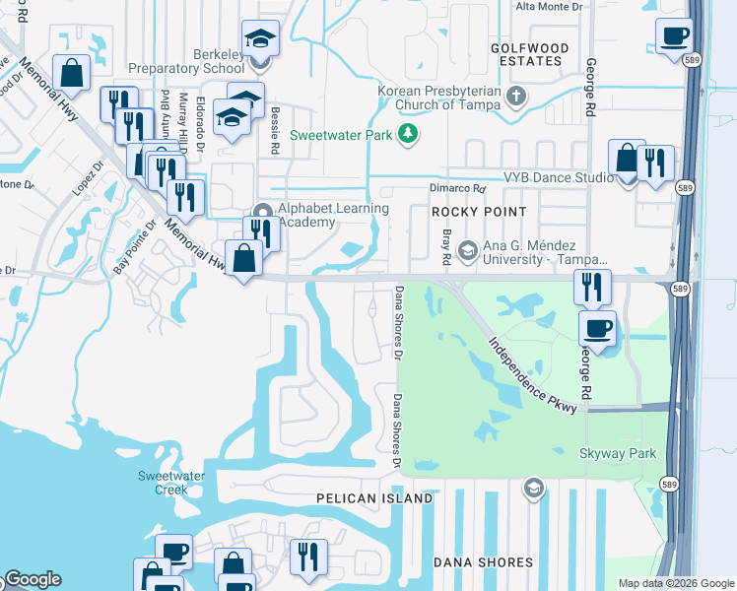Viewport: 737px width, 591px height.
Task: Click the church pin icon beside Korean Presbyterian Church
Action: click(516, 97)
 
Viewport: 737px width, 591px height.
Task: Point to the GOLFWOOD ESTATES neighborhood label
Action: click(532, 54)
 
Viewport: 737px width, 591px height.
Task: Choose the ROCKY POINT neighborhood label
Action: click(478, 212)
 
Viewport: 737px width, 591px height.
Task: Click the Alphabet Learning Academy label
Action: click(333, 215)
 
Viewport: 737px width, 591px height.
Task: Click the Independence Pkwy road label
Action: click(531, 369)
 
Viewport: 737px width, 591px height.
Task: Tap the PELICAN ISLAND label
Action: click(374, 498)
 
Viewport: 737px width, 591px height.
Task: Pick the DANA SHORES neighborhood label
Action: click(484, 562)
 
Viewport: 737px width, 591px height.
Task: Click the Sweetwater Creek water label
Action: click(163, 483)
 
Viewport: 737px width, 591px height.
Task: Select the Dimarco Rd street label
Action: click(457, 188)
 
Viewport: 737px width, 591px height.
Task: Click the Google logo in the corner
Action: click(32, 579)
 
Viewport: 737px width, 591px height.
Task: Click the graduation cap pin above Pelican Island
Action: click(533, 488)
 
